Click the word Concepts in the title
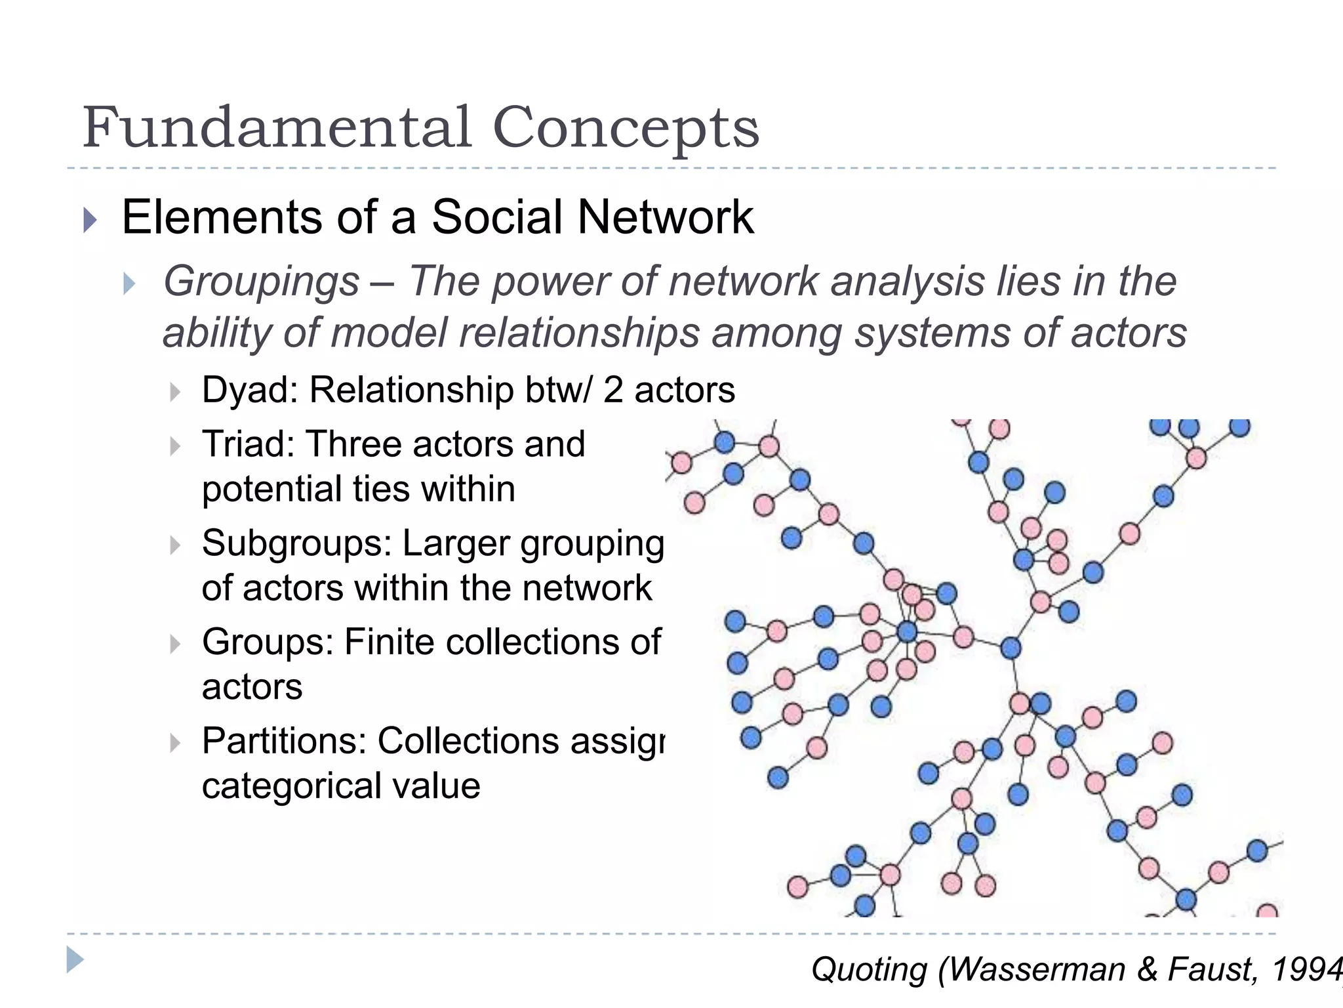pos(626,127)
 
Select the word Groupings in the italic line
pos(262,282)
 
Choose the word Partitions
pos(283,741)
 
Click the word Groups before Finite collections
pos(267,642)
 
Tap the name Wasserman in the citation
pos(1037,969)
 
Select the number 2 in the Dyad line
pos(613,390)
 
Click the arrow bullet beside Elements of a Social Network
pos(90,220)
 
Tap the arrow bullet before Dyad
pos(174,392)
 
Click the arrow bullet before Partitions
pos(174,744)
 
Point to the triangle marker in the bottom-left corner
pos(75,960)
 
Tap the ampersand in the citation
pos(1147,969)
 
